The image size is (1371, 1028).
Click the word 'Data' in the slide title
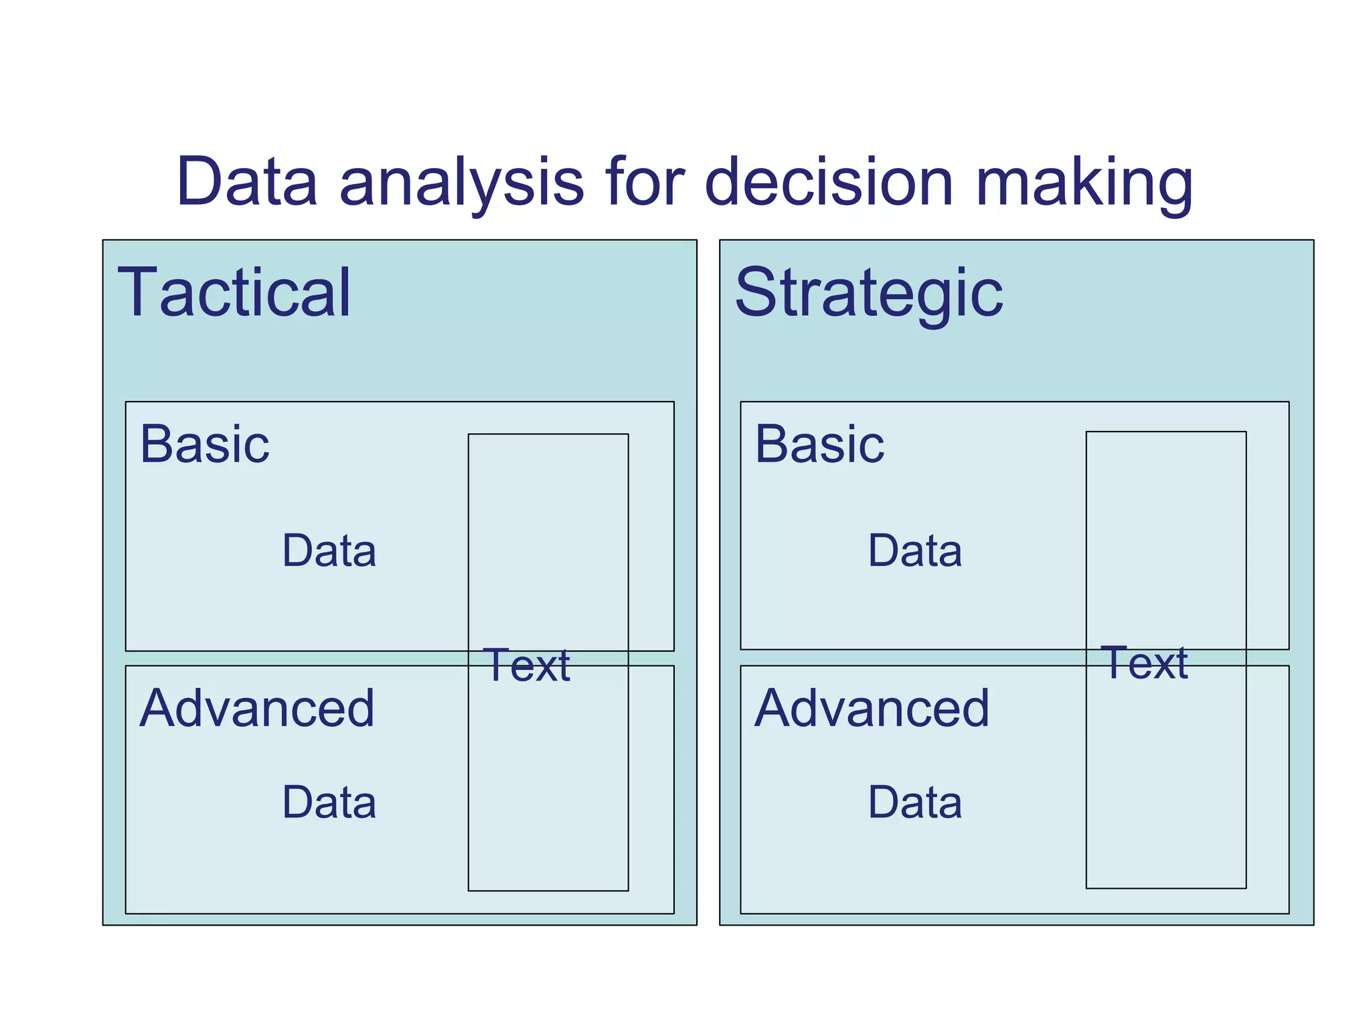tap(246, 182)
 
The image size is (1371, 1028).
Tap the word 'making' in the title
tap(1084, 182)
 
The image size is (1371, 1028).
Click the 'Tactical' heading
tap(234, 292)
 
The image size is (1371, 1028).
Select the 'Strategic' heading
tap(868, 292)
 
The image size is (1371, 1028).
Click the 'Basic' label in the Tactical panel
tap(204, 444)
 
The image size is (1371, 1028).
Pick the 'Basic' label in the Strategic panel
tap(819, 444)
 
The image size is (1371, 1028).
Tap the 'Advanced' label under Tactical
tap(256, 708)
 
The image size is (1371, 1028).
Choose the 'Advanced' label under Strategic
tap(872, 708)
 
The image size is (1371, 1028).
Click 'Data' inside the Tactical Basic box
tap(329, 551)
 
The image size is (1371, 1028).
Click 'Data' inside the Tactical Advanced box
tap(329, 802)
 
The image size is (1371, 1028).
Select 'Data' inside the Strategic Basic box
tap(914, 551)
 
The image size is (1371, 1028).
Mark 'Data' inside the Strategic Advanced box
tap(914, 802)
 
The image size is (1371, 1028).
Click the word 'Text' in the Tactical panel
tap(529, 665)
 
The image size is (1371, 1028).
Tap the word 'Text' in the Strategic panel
tap(1146, 663)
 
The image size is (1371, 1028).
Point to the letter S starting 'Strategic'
tap(756, 292)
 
